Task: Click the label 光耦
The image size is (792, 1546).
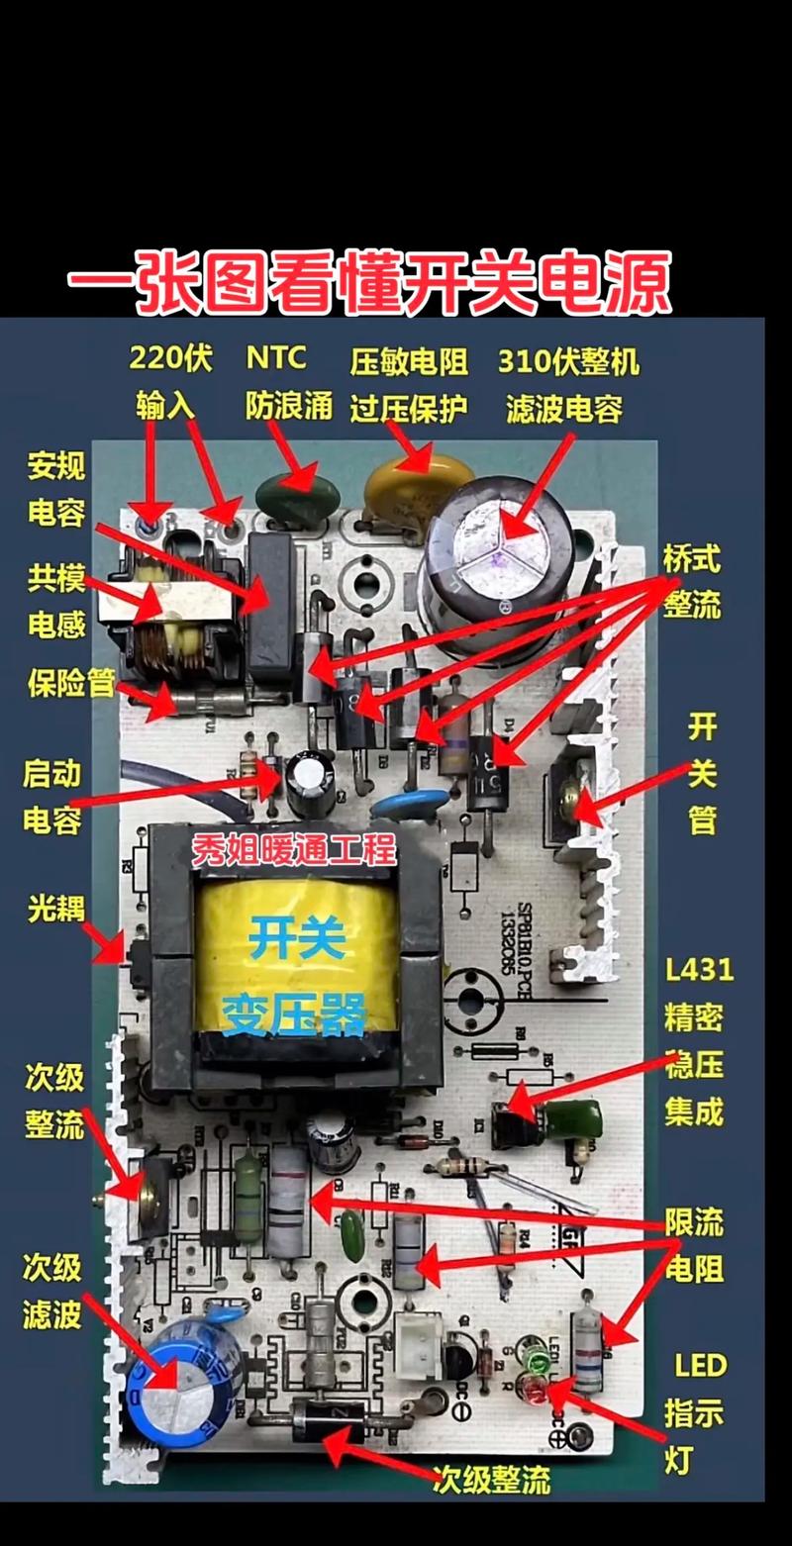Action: click(56, 908)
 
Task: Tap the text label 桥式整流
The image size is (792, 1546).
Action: click(692, 583)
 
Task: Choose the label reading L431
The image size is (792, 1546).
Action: click(699, 968)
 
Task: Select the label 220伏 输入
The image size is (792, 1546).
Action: click(170, 382)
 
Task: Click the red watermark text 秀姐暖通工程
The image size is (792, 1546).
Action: click(293, 849)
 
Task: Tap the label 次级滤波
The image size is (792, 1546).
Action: click(51, 1291)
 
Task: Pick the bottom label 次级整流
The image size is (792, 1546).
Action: click(490, 1479)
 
